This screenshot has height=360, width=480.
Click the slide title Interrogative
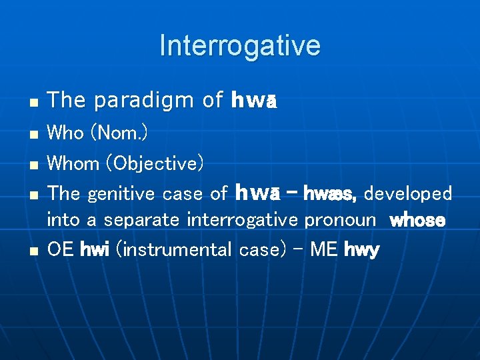pyautogui.click(x=240, y=46)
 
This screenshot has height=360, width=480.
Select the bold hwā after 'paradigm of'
pyautogui.click(x=253, y=101)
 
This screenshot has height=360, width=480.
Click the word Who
pyautogui.click(x=66, y=133)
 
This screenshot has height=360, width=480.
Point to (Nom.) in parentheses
pyautogui.click(x=119, y=133)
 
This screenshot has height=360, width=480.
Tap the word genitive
pyautogui.click(x=123, y=194)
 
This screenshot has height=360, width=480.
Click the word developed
pyautogui.click(x=408, y=194)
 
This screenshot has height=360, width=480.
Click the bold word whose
pyautogui.click(x=417, y=220)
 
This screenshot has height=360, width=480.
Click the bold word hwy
pyautogui.click(x=362, y=251)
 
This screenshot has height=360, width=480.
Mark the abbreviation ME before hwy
pyautogui.click(x=324, y=250)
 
